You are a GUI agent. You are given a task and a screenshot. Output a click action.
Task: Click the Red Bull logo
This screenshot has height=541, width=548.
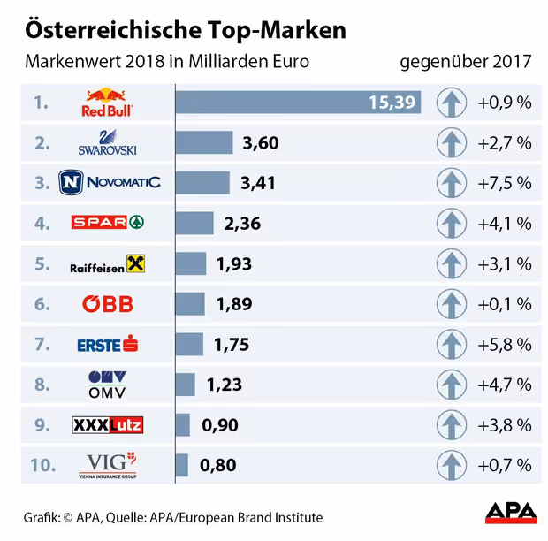coord(108,103)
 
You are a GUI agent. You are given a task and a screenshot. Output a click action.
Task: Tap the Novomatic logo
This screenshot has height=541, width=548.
coord(110,183)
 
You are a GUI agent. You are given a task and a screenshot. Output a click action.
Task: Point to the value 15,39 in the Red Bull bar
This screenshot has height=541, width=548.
coord(392,103)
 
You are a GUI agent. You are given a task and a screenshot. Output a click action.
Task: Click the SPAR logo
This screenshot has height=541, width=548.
coord(108,223)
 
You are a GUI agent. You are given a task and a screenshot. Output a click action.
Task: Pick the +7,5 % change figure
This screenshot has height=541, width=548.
coord(505,183)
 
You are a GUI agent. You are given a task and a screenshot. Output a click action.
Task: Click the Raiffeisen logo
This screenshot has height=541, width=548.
coord(108,263)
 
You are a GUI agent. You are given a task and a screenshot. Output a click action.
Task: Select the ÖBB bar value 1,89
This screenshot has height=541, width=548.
coord(234,304)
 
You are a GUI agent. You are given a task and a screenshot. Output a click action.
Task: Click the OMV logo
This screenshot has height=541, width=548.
coord(108,385)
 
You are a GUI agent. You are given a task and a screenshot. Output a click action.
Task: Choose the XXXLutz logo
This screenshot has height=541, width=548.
coord(108,425)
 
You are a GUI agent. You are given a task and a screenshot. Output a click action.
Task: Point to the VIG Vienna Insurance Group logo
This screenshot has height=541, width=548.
coord(108,465)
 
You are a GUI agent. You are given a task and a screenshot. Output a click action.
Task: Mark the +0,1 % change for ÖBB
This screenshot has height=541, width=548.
coord(505,304)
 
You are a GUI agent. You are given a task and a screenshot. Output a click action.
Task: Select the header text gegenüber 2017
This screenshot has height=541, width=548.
coord(466,62)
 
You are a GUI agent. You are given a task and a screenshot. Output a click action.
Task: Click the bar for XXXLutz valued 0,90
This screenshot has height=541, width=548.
coord(183,425)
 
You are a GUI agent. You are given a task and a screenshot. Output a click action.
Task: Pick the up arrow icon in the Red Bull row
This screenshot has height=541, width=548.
coord(452,103)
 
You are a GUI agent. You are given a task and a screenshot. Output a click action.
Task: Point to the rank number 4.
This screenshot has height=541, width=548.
coord(41,223)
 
